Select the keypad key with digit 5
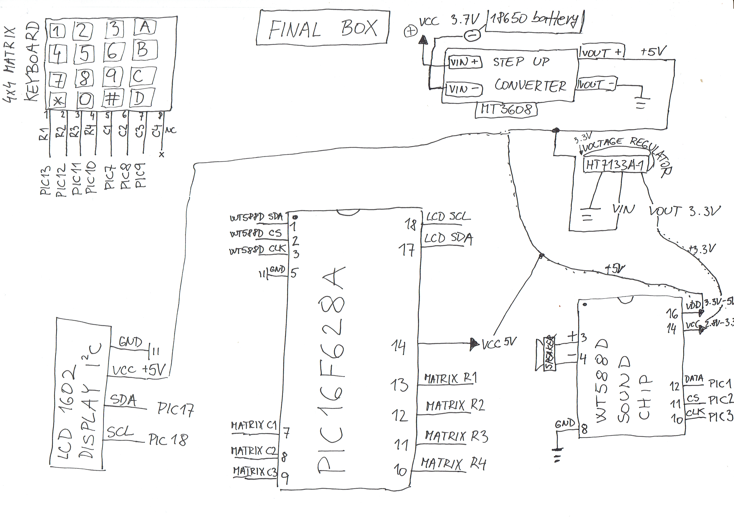pyautogui.click(x=84, y=54)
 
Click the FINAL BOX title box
pyautogui.click(x=323, y=28)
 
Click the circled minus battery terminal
pyautogui.click(x=472, y=35)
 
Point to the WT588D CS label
pyautogui.click(x=256, y=233)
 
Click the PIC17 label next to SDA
pyautogui.click(x=175, y=409)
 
